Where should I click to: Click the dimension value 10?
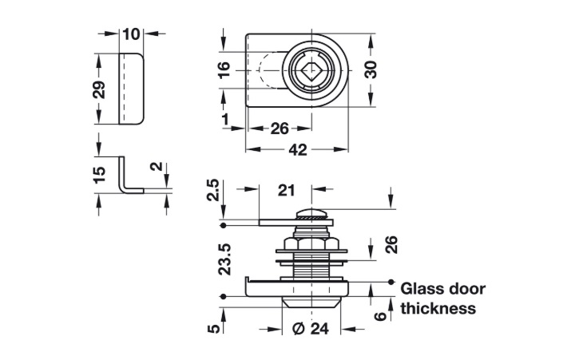point(132,34)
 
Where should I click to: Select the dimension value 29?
point(99,88)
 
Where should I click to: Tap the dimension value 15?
point(99,176)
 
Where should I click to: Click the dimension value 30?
point(371,69)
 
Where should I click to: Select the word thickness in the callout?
point(438,308)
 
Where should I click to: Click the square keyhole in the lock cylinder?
point(308,70)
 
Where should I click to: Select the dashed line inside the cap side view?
point(125,88)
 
